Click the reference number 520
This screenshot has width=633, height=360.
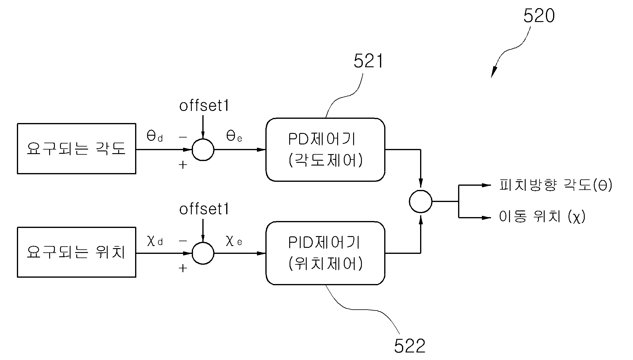tap(539, 16)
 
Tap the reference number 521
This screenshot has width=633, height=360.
tap(368, 61)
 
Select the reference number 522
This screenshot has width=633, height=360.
tap(410, 346)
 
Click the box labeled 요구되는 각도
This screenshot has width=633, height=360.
tap(77, 149)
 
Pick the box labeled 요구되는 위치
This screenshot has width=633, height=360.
tap(77, 252)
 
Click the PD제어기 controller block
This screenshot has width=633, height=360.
tap(325, 150)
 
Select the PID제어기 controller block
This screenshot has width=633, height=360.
tap(325, 253)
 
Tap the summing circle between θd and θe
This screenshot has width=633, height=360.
tap(203, 150)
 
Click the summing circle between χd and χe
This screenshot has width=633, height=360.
tap(203, 253)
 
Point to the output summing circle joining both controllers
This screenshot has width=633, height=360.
tap(421, 201)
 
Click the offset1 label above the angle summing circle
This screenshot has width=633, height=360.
tap(204, 106)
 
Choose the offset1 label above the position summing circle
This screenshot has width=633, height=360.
tap(204, 209)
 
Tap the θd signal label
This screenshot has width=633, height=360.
tap(155, 137)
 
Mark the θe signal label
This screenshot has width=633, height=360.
tap(234, 137)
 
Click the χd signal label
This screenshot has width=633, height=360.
tap(155, 241)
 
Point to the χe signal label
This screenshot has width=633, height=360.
tap(234, 241)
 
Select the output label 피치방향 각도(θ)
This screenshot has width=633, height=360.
tap(556, 185)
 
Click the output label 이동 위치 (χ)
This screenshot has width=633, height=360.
tap(542, 216)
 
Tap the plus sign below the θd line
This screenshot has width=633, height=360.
tap(183, 165)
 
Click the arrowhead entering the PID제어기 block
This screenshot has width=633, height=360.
tap(261, 253)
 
